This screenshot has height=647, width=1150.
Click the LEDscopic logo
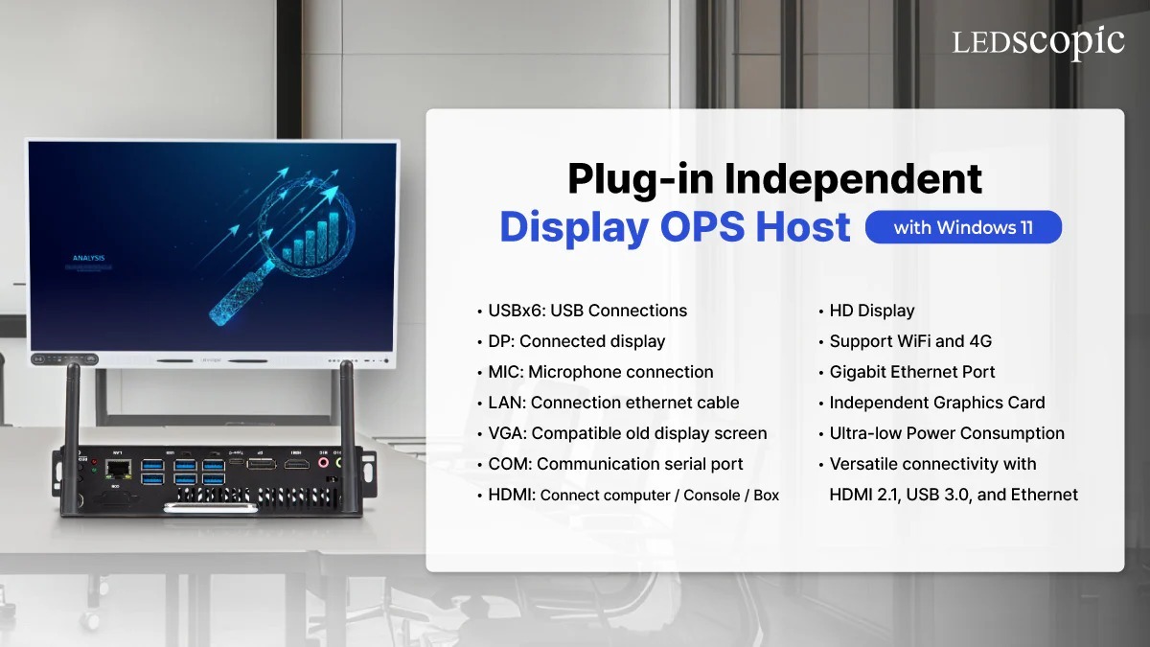[x=1038, y=41]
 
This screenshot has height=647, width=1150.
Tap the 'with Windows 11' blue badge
[x=963, y=227]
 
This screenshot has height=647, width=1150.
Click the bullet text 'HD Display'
[x=871, y=311]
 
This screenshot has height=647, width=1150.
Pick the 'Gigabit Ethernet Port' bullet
[x=911, y=372]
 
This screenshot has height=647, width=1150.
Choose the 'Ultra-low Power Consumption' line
[x=946, y=433]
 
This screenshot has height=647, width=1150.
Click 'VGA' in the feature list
[x=505, y=433]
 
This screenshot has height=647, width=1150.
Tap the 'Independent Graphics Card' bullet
[x=936, y=403]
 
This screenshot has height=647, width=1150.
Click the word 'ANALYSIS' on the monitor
[x=89, y=258]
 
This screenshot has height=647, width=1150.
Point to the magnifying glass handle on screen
[x=235, y=297]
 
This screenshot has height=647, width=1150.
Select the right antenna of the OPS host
[x=347, y=403]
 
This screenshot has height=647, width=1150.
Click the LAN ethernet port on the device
[x=118, y=468]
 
